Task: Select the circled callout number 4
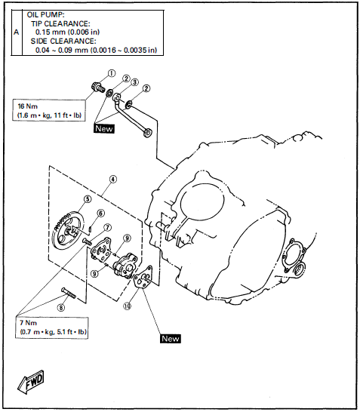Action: click(x=112, y=180)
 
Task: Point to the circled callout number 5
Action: click(x=88, y=199)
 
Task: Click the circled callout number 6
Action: click(x=100, y=214)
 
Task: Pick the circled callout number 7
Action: click(x=107, y=226)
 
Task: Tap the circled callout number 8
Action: click(x=61, y=307)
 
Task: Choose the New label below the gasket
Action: click(x=170, y=339)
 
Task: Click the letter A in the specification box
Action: click(x=17, y=32)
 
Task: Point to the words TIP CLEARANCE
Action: click(x=63, y=23)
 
